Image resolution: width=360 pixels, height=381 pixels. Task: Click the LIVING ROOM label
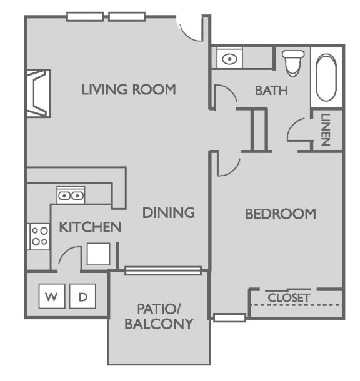point(129,89)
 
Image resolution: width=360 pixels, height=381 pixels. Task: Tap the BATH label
point(271,90)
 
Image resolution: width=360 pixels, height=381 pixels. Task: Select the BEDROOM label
point(280,214)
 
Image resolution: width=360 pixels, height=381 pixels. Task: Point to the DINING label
point(168,213)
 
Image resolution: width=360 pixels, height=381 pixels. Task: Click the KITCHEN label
point(90,227)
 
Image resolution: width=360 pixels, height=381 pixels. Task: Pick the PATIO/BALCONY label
point(158,316)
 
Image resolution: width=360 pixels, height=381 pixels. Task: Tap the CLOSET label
point(289,298)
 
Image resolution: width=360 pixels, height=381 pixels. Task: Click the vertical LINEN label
point(325,130)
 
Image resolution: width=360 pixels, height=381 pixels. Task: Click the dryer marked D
point(82,297)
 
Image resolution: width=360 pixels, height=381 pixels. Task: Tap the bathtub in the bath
point(327,80)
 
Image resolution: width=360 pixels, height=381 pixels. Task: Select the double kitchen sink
point(71,195)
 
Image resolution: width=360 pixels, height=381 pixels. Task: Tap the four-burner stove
point(39,237)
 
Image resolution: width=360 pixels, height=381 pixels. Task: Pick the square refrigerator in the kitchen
point(99,254)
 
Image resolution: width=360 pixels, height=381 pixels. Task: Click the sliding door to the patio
point(163,270)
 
